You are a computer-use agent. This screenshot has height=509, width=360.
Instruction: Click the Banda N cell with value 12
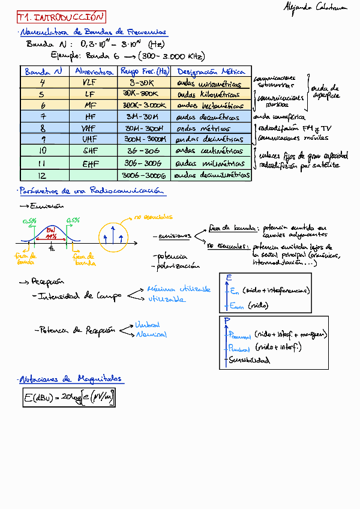point(42,175)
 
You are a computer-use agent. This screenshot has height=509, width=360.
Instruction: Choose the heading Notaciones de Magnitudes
point(71,379)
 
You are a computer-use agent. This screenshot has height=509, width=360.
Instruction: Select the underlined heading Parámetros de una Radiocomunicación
point(91,191)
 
